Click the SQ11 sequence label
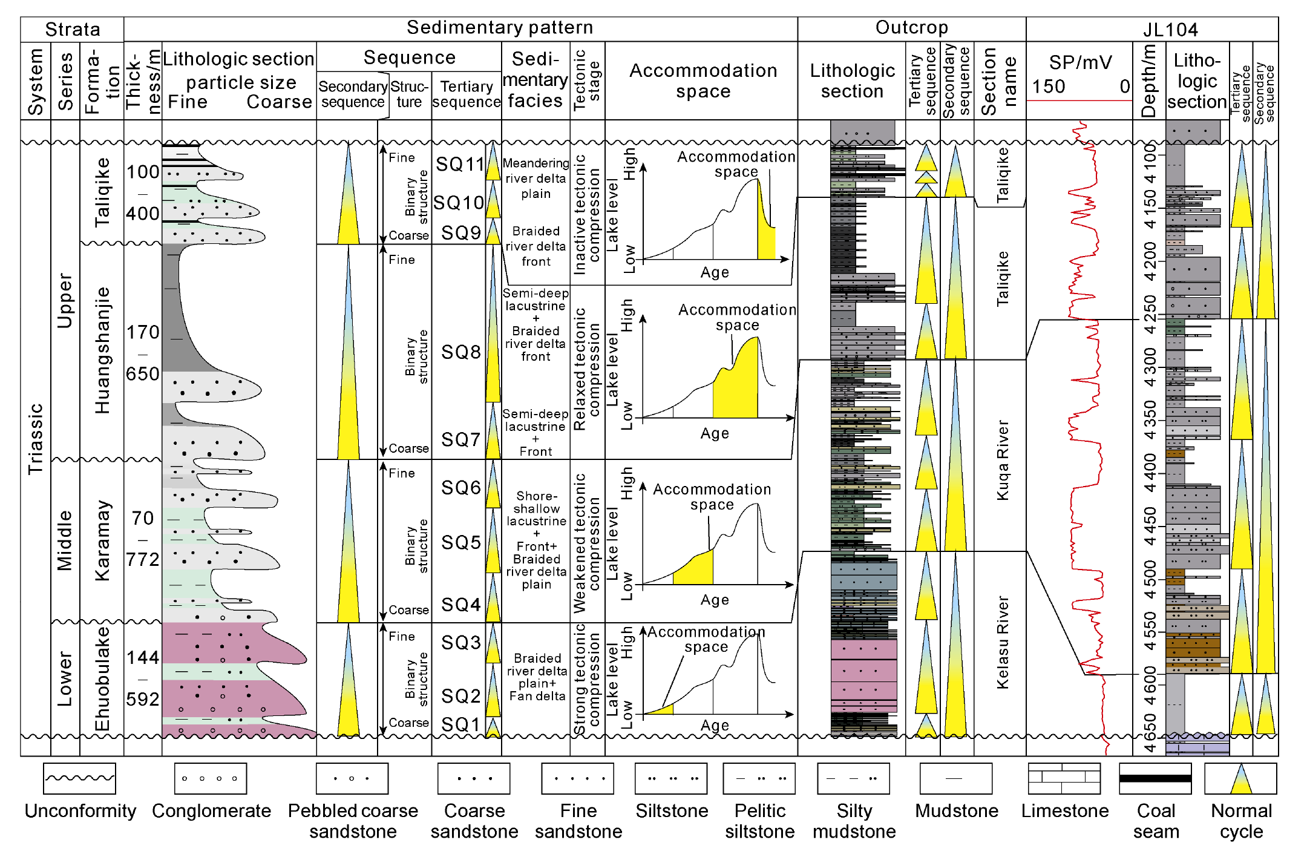tap(460, 164)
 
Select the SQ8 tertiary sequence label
tap(460, 352)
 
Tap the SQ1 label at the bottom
tap(460, 724)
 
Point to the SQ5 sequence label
tap(460, 542)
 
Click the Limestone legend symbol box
tap(1064, 778)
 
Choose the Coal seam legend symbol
tap(1155, 778)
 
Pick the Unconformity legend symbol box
tap(79, 778)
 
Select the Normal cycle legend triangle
tap(1241, 778)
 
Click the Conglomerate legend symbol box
tap(211, 778)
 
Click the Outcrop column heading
tap(911, 28)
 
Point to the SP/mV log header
tap(1080, 62)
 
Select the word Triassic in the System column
tap(36, 439)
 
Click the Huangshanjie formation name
tap(102, 350)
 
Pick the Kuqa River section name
tap(1003, 460)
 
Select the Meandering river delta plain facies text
tap(536, 179)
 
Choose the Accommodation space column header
tap(703, 80)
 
